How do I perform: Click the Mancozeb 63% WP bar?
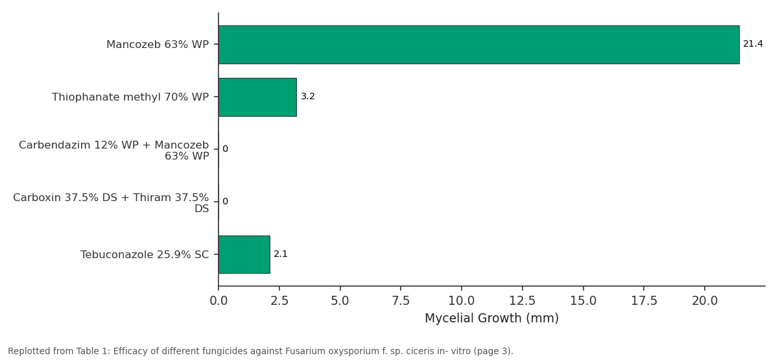(x=479, y=45)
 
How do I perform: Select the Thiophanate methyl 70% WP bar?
(x=258, y=97)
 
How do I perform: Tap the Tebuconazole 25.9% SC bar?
(x=244, y=255)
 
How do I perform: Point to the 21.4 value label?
(x=753, y=44)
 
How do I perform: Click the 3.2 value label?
(x=308, y=96)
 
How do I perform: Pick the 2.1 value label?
(x=281, y=254)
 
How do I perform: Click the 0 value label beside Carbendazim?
(x=226, y=149)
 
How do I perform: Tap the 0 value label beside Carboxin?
(x=226, y=202)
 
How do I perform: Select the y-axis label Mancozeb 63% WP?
(x=158, y=45)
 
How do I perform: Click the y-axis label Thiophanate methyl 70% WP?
(x=130, y=97)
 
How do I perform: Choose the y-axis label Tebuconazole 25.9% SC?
(x=145, y=255)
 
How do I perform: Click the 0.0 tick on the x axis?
(x=219, y=300)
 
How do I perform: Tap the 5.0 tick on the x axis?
(x=340, y=300)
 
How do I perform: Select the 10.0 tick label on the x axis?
(x=462, y=300)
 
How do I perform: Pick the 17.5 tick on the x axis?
(x=644, y=300)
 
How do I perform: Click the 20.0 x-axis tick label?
(x=705, y=300)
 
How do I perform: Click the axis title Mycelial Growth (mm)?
(x=492, y=318)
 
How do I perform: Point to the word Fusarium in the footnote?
(x=299, y=351)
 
